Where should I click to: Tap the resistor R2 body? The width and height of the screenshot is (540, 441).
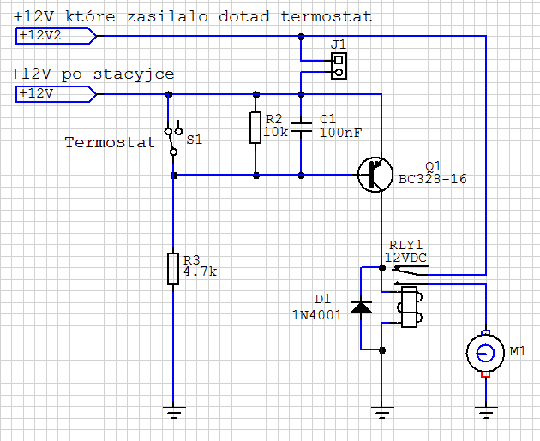coord(255,128)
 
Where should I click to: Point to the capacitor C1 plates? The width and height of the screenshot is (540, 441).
coord(301,128)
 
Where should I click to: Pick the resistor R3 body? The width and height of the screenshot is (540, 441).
coord(174,270)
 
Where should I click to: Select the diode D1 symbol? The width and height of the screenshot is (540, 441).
coord(362,307)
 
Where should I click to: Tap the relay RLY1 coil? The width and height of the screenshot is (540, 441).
coord(408,307)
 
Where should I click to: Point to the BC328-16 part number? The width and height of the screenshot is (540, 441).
coord(434,180)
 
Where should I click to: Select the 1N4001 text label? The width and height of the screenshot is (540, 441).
coord(316,314)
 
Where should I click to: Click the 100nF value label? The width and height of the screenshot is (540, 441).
coord(340,133)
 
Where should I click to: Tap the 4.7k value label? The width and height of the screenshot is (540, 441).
coord(201,272)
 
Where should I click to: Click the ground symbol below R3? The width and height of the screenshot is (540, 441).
coord(174,412)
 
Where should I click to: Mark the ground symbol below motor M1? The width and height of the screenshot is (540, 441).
coord(486,412)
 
